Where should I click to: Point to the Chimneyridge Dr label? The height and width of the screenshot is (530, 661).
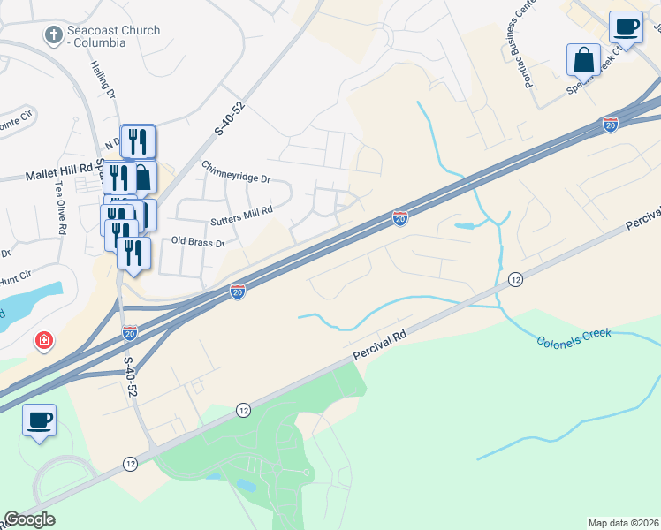(235, 171)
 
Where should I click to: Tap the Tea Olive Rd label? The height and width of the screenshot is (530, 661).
(60, 207)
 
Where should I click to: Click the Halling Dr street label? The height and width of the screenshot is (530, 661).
(103, 80)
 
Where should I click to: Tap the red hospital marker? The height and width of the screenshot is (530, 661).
(42, 340)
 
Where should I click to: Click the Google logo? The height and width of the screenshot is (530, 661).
(29, 519)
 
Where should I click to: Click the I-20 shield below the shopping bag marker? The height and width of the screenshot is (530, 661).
(611, 125)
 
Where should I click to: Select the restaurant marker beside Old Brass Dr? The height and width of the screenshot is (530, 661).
(133, 254)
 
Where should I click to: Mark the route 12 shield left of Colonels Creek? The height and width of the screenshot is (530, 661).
(516, 280)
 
